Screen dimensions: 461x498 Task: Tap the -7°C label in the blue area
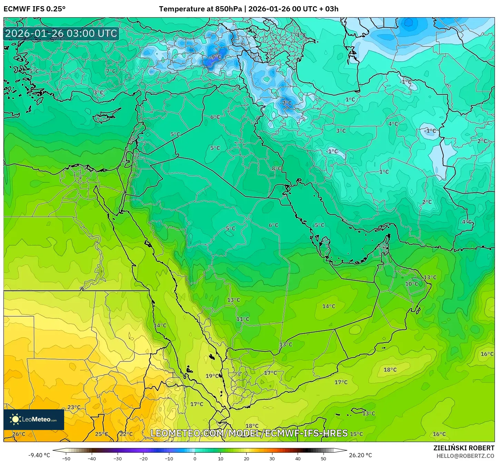(286, 103)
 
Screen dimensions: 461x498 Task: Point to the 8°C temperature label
(276, 168)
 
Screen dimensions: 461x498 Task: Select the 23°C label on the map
(74, 407)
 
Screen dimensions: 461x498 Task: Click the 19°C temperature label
(212, 376)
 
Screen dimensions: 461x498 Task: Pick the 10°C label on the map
(411, 284)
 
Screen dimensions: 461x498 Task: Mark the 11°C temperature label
(242, 319)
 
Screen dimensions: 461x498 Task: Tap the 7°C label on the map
(111, 71)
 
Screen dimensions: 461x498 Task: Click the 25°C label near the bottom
(101, 434)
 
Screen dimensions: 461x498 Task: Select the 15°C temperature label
(356, 434)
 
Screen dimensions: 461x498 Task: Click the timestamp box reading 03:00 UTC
(61, 34)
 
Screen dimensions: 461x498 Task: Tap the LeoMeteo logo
(34, 419)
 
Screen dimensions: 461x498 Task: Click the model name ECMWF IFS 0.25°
(34, 9)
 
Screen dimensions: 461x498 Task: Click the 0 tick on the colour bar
(195, 458)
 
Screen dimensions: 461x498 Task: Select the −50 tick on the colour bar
(66, 458)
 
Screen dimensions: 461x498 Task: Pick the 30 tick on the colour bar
(272, 458)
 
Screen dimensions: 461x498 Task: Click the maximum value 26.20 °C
(360, 455)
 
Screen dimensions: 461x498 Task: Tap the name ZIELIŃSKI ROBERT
(464, 448)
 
